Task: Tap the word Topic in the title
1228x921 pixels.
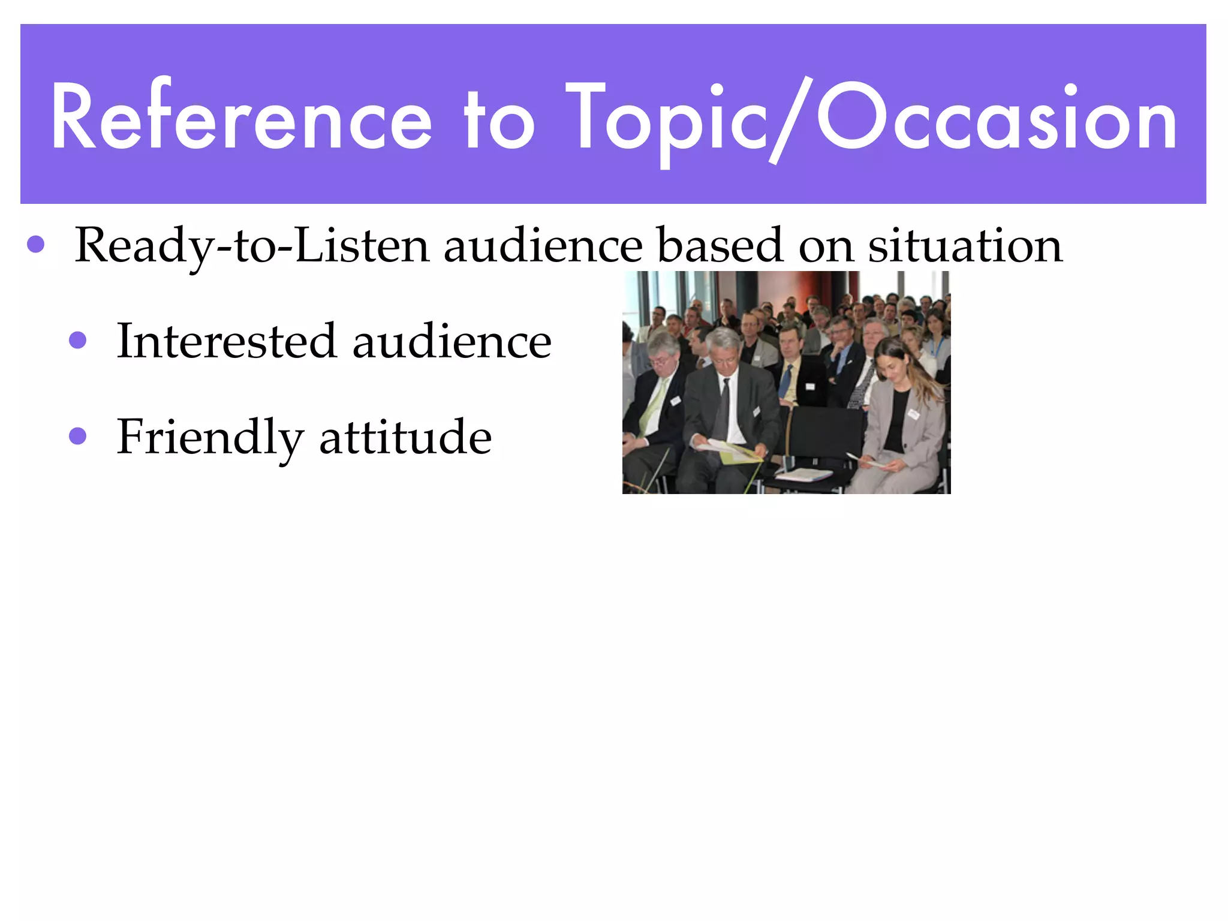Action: [666, 120]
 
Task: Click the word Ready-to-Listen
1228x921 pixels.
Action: [252, 246]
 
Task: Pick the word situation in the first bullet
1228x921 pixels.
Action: [965, 246]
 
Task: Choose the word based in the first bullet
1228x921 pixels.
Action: [720, 246]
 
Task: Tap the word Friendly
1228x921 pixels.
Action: [210, 438]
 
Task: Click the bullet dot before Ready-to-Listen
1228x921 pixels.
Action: [36, 244]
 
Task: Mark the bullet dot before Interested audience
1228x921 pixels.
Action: [78, 340]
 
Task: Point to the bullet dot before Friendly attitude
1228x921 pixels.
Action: [78, 435]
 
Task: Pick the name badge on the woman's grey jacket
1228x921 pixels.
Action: [913, 413]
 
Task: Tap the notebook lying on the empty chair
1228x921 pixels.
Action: [803, 474]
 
